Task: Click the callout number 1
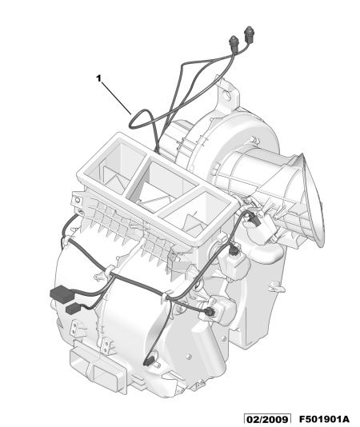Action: click(x=98, y=78)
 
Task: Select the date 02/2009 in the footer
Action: click(x=267, y=419)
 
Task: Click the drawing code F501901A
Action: click(x=324, y=419)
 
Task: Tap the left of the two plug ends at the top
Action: click(x=234, y=42)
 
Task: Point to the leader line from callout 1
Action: click(x=117, y=98)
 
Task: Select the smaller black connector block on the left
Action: click(x=74, y=309)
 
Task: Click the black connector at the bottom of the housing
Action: click(x=149, y=361)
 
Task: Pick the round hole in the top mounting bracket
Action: click(x=226, y=94)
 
